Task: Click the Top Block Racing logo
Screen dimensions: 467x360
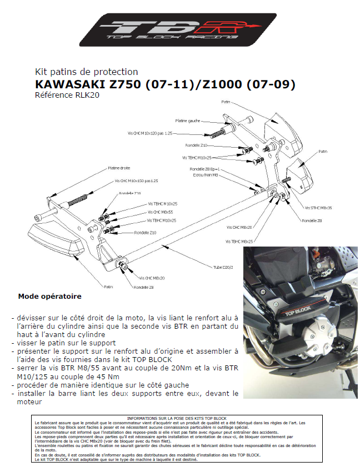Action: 178,31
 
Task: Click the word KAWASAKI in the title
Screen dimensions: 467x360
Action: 71,84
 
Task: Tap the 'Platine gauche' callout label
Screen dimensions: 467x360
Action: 187,120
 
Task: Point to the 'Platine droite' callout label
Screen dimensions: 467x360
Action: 119,168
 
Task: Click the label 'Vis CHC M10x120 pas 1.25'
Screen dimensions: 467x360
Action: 150,134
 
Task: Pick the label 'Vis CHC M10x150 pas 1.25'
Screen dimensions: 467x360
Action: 136,181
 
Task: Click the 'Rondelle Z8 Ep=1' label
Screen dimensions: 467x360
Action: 205,169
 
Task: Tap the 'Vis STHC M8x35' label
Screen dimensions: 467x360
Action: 318,207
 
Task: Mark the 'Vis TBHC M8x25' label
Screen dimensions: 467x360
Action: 239,242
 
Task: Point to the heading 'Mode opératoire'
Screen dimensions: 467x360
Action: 49,297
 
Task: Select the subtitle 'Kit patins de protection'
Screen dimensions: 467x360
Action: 86,72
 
